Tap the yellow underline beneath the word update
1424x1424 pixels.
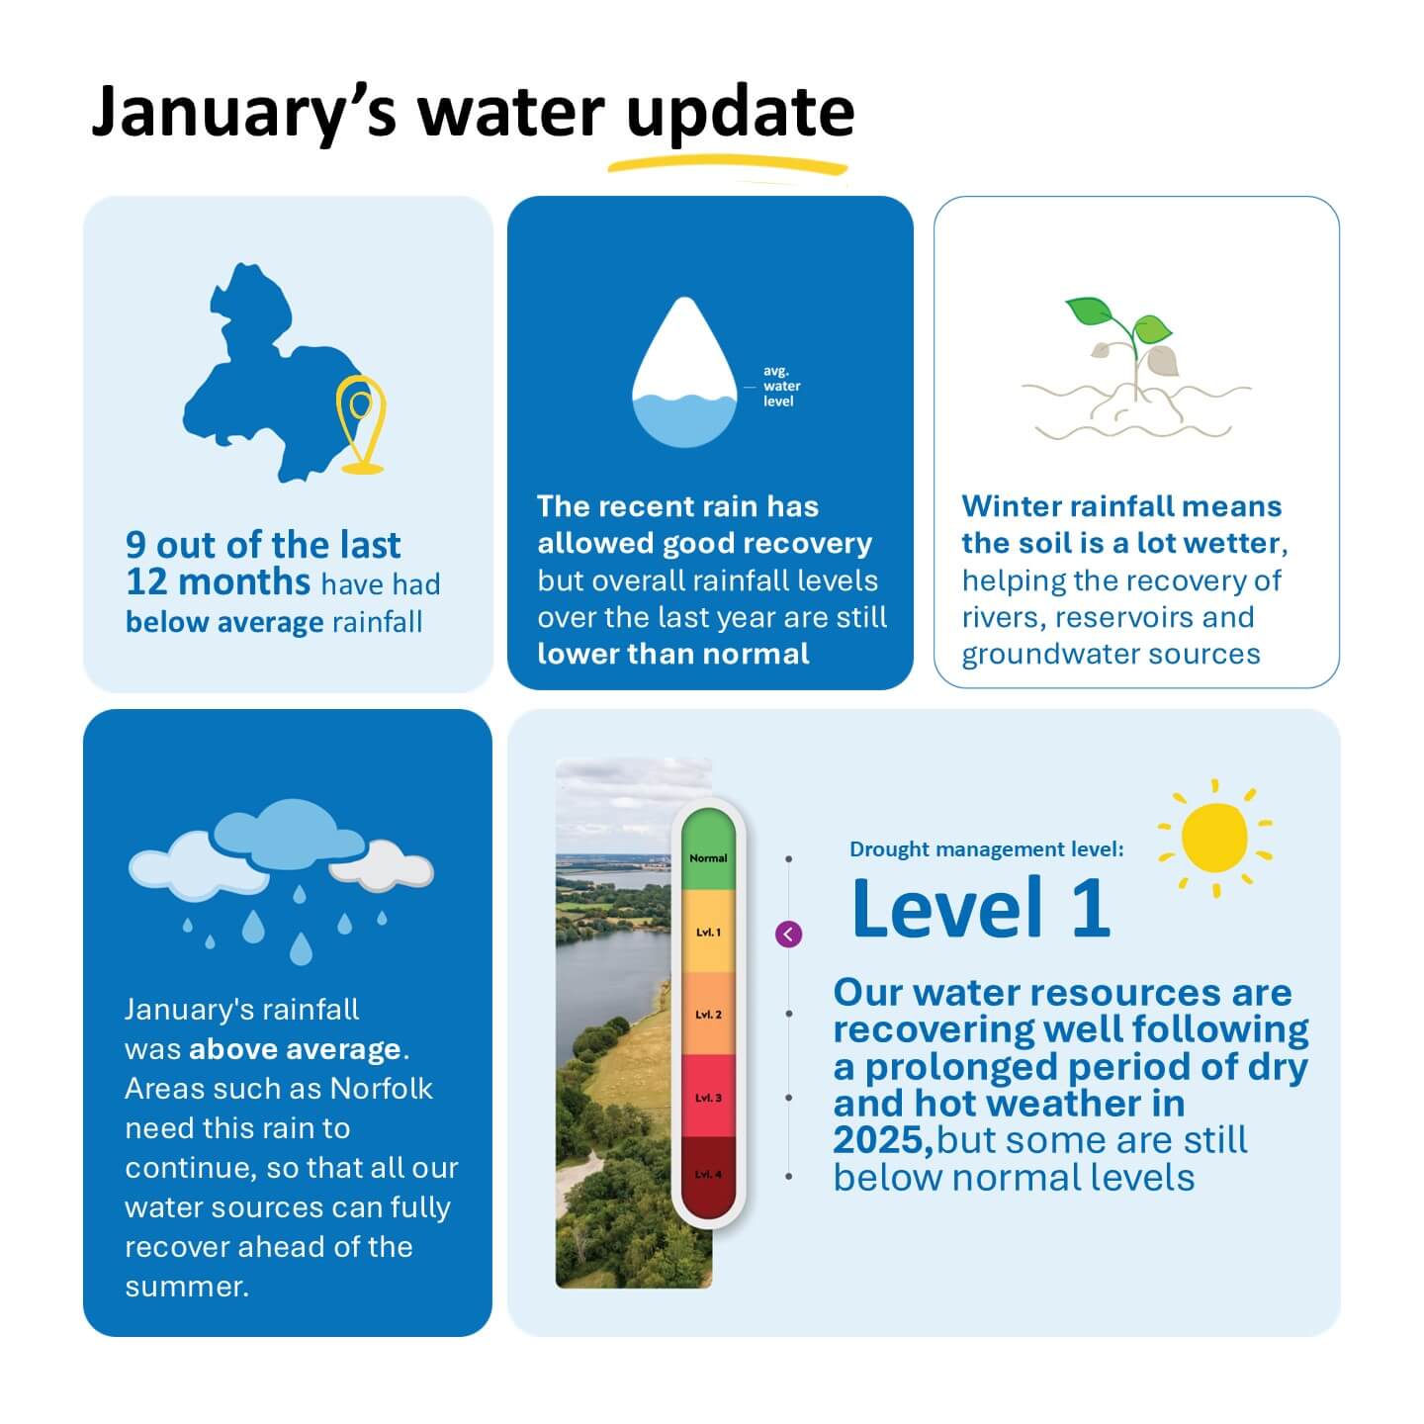pos(729,164)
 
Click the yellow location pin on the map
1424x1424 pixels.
pos(360,421)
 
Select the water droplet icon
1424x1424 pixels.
pos(684,376)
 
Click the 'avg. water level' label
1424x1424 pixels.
pos(781,386)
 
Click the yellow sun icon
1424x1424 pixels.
pos(1214,837)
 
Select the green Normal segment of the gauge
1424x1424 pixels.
pos(708,850)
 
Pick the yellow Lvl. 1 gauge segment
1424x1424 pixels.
pos(708,932)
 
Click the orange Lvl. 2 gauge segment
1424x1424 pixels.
pos(708,1014)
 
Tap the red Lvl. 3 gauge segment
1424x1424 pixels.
pos(708,1096)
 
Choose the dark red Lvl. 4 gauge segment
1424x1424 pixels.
pos(708,1175)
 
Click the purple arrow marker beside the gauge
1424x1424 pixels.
pos(788,934)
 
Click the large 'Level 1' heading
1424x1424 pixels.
pos(980,908)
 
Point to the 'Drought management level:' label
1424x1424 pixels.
pos(986,848)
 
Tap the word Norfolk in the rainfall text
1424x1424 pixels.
pos(381,1088)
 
